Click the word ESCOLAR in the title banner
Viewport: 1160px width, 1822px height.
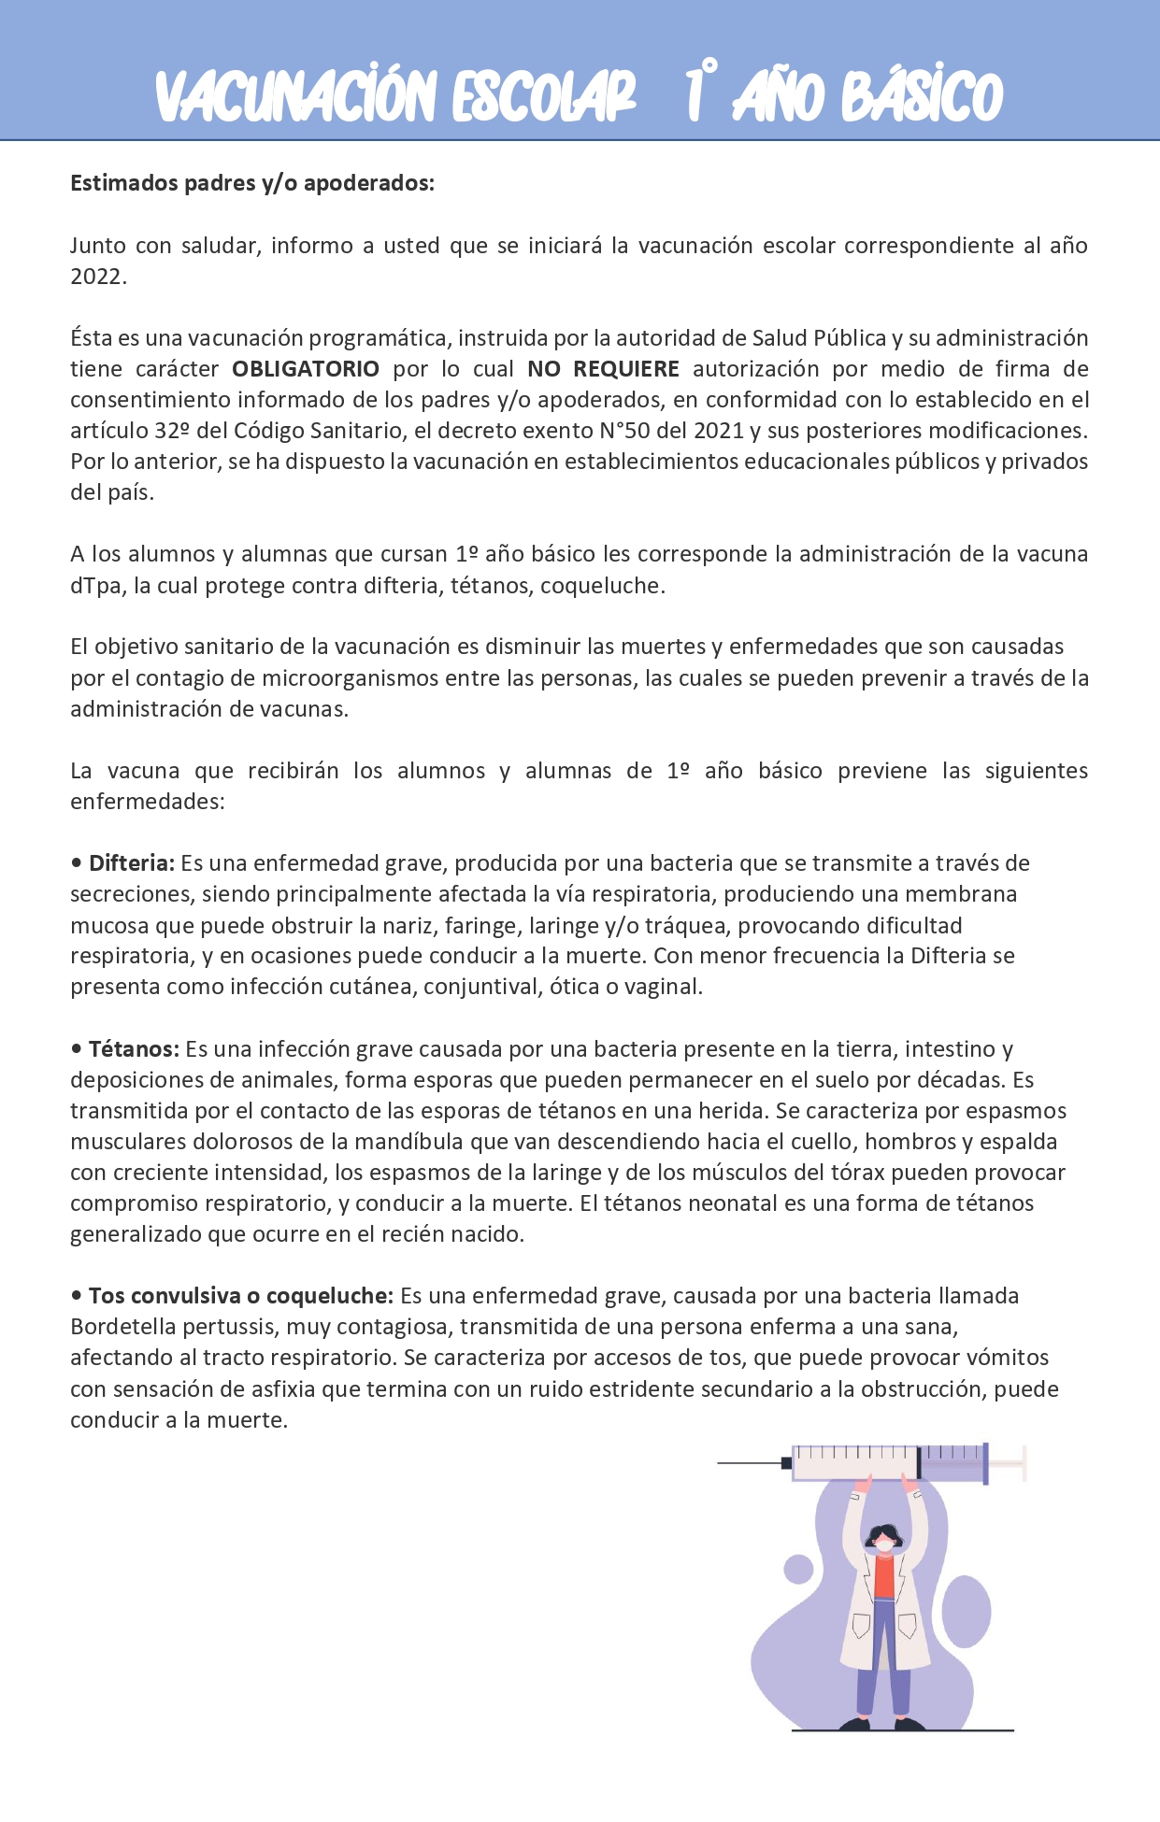(544, 96)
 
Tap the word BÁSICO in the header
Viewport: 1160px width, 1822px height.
(922, 96)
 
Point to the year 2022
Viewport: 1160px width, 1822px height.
(96, 277)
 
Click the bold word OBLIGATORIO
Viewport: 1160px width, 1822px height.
(306, 369)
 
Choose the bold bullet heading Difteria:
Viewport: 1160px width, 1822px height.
(132, 863)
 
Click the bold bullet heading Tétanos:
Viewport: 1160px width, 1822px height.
(134, 1049)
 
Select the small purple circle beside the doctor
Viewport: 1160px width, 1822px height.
(798, 1569)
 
